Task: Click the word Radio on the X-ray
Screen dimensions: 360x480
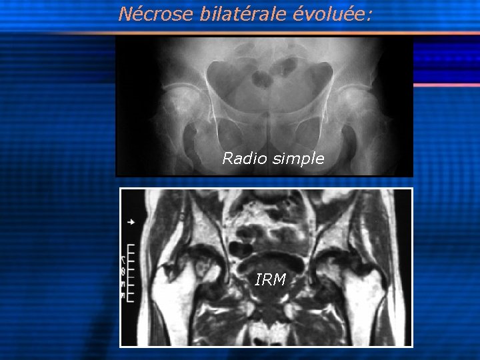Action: [x=242, y=159]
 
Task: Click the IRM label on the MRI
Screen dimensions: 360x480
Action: [x=271, y=280]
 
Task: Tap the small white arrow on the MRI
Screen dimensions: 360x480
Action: [x=131, y=221]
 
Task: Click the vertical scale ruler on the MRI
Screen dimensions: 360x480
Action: [x=131, y=270]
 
